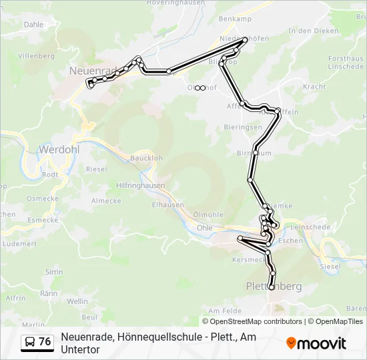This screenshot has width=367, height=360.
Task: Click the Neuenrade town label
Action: [x=92, y=69]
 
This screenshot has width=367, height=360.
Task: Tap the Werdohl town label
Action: [x=59, y=149]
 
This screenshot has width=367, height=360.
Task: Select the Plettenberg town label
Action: [x=274, y=287]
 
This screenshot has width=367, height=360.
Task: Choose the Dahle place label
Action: [x=33, y=24]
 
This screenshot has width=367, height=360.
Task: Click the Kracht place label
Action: [x=314, y=87]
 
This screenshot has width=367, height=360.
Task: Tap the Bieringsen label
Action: [x=243, y=127]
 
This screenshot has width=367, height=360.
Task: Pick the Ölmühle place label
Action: [x=208, y=214]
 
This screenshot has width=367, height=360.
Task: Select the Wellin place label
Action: [x=77, y=301]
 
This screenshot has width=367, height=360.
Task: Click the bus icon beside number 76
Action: [x=30, y=342]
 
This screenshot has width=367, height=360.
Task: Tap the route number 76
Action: [x=45, y=342]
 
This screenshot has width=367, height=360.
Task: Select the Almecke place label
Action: [x=105, y=201]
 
